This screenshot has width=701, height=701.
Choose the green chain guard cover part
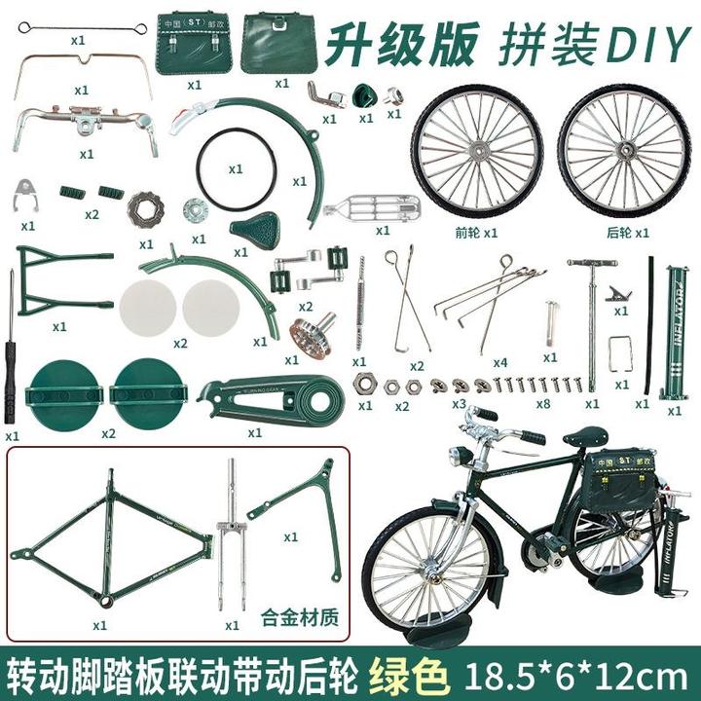(271, 396)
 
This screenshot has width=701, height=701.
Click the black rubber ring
(238, 167)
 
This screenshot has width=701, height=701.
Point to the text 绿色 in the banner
(407, 673)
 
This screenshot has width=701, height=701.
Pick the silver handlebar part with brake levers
(86, 124)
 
